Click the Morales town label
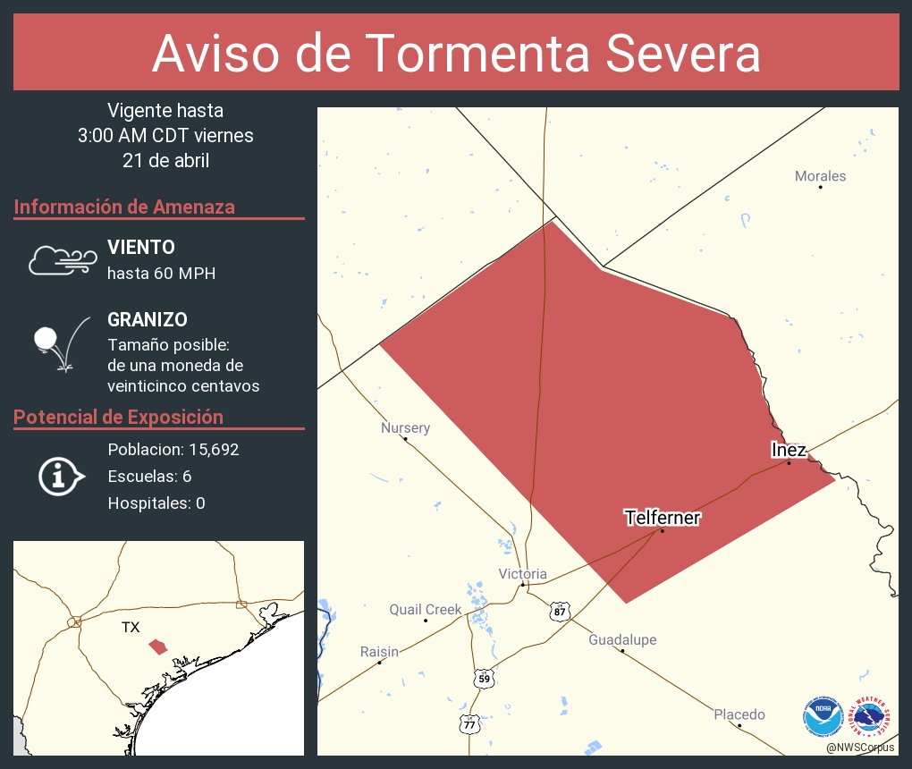pyautogui.click(x=820, y=176)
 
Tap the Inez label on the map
pyautogui.click(x=789, y=450)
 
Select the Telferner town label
pyautogui.click(x=662, y=517)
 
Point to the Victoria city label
pyautogui.click(x=522, y=574)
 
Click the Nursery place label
pyautogui.click(x=405, y=428)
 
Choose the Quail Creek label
pyautogui.click(x=425, y=610)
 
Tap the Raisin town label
pyautogui.click(x=379, y=652)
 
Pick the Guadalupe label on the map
pyautogui.click(x=622, y=640)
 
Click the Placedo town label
pyautogui.click(x=739, y=714)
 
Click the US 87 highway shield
pyautogui.click(x=560, y=612)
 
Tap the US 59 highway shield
pyautogui.click(x=484, y=679)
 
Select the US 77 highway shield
pyautogui.click(x=469, y=724)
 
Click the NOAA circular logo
pyautogui.click(x=823, y=717)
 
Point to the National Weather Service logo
pyautogui.click(x=873, y=717)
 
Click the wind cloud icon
pyautogui.click(x=62, y=259)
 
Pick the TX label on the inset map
pyautogui.click(x=131, y=628)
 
